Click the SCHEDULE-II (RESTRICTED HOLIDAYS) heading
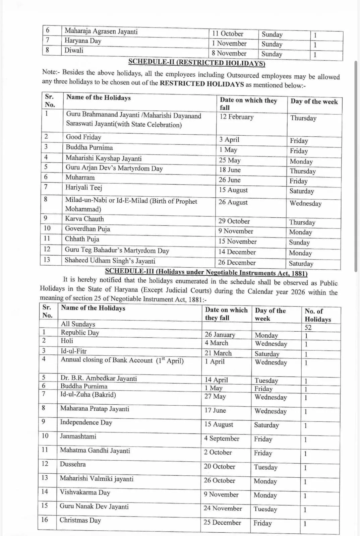[197, 62]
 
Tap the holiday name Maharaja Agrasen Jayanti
[101, 31]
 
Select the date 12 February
[236, 117]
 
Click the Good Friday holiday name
[83, 137]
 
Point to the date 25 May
[230, 160]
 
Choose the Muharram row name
[80, 177]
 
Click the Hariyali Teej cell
[83, 188]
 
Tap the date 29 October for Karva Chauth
[234, 221]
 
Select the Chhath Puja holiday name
[82, 239]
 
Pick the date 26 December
[237, 263]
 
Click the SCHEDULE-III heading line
[206, 273]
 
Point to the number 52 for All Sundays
[308, 328]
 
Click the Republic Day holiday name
[80, 332]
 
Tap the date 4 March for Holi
[216, 343]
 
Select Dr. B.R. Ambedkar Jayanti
[99, 378]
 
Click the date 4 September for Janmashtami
[222, 438]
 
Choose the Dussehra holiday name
[73, 464]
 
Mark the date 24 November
[223, 508]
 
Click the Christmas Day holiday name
[80, 520]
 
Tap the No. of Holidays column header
[317, 315]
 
